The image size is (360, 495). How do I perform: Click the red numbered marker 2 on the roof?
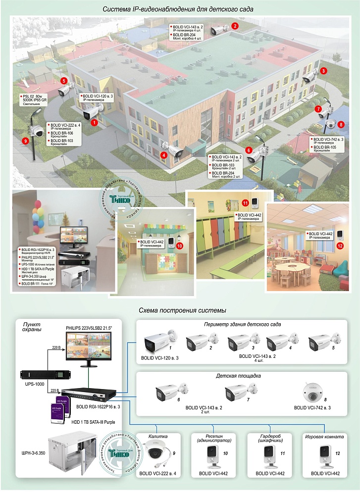(235, 25)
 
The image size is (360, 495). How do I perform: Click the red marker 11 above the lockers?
(245, 203)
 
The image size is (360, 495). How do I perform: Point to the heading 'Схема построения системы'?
(183, 310)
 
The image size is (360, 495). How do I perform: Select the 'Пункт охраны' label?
(31, 326)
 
